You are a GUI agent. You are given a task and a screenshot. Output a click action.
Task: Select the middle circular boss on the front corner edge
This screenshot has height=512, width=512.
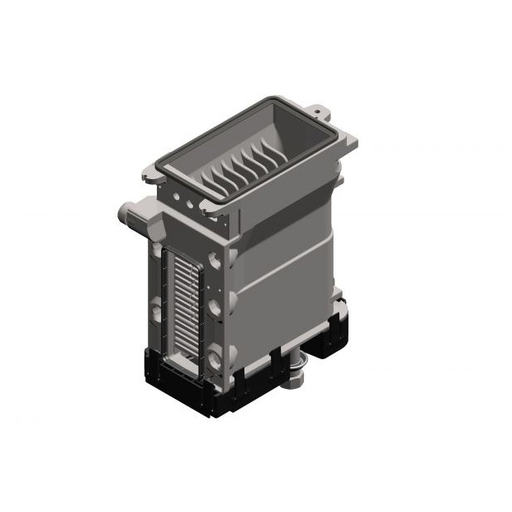point(216,309)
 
